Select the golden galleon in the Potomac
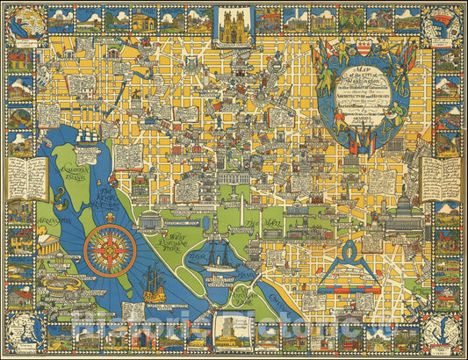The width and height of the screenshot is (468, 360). (155, 284)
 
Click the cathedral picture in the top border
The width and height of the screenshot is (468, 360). (234, 25)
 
